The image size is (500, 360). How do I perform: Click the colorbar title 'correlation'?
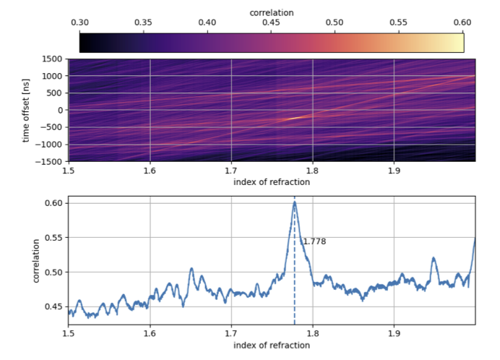[271, 13]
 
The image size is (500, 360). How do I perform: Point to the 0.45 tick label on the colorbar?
[271, 23]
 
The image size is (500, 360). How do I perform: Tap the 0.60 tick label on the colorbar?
[462, 23]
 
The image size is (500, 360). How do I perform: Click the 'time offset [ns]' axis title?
[27, 109]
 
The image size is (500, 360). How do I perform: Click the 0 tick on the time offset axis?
[60, 111]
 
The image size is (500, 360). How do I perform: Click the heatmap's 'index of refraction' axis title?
[272, 182]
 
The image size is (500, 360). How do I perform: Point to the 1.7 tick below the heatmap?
[231, 171]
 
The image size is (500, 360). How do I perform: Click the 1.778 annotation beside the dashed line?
[314, 241]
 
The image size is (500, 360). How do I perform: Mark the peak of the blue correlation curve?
[294, 202]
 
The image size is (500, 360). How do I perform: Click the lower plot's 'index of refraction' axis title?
[272, 346]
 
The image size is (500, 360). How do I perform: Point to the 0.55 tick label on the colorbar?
[399, 23]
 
